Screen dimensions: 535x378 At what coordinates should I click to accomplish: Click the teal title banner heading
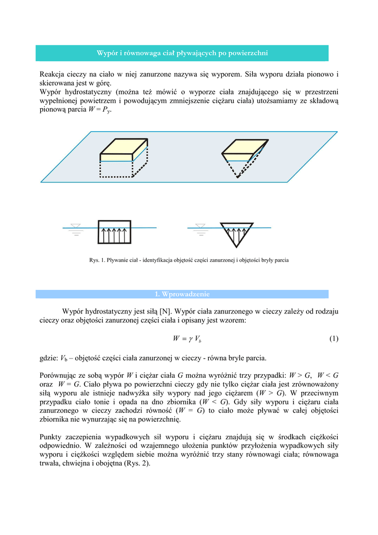tap(182, 53)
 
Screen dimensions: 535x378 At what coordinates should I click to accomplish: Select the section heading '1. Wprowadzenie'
tap(182, 294)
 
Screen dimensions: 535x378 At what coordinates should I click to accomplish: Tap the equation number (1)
tap(334, 339)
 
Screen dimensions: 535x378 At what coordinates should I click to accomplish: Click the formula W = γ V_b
tap(187, 339)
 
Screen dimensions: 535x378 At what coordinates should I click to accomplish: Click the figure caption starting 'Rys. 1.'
tap(189, 260)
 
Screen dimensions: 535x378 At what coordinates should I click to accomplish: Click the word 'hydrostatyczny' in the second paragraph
tap(87, 92)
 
